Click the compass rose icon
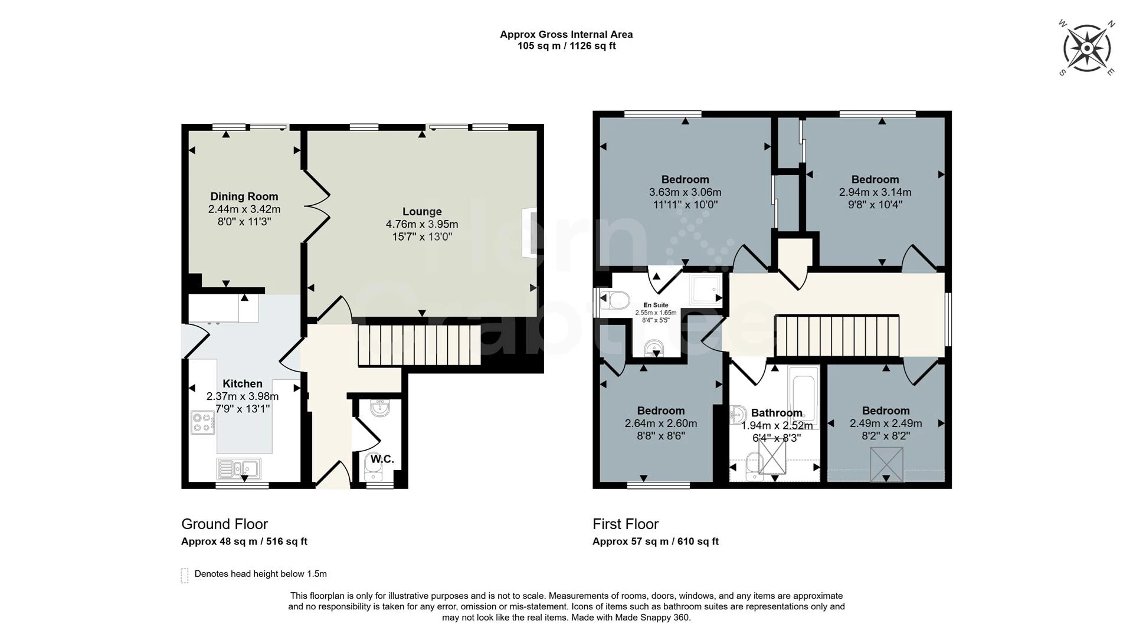click(1086, 47)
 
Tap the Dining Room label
click(244, 196)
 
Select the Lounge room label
click(422, 211)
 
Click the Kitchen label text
click(243, 383)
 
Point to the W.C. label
click(382, 459)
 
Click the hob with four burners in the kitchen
click(202, 422)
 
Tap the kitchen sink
click(239, 468)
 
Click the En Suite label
click(656, 306)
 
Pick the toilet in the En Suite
click(614, 301)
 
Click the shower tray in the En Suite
click(706, 290)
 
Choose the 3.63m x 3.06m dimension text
click(685, 192)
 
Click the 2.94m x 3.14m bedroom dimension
click(875, 192)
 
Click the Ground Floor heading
click(224, 524)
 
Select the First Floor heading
click(626, 524)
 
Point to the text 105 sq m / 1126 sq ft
click(566, 46)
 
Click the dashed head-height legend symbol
click(185, 576)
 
